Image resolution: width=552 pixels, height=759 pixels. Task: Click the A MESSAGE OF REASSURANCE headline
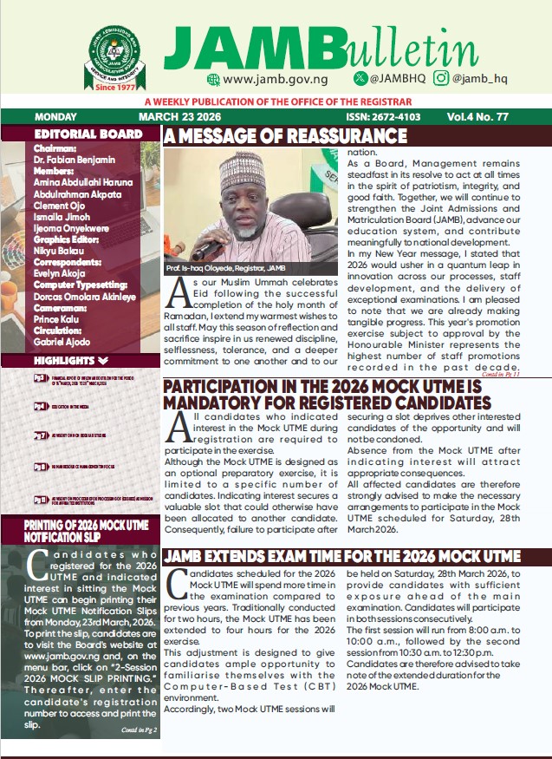point(285,136)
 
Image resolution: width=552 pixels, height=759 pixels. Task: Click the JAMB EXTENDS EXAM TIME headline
point(342,556)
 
